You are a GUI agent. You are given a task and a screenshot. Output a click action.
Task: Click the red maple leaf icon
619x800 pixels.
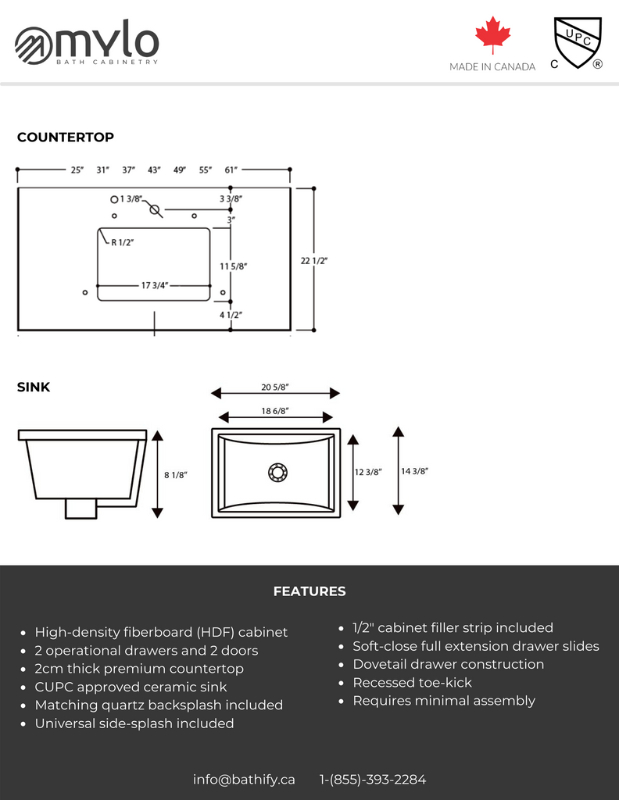492,36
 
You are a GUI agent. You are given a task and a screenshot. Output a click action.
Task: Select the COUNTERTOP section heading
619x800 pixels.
66,137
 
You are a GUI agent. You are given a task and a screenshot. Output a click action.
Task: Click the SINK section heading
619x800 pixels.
34,387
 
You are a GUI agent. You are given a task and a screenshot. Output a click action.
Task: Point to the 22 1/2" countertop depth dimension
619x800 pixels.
314,261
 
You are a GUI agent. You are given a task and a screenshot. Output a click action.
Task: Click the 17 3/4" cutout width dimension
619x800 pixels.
155,285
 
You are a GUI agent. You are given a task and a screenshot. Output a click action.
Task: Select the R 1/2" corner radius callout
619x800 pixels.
122,243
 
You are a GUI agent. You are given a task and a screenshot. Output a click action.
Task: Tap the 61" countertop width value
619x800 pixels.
231,170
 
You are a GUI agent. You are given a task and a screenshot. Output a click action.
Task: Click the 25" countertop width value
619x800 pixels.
77,170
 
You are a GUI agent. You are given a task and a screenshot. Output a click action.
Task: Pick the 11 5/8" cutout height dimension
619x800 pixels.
234,266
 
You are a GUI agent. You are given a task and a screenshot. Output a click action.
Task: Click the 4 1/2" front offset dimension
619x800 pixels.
231,315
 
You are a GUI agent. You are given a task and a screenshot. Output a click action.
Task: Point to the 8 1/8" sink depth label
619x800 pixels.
176,474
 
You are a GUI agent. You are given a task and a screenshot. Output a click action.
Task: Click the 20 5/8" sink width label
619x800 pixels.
275,387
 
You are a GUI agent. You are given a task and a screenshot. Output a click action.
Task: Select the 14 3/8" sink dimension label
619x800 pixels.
414,471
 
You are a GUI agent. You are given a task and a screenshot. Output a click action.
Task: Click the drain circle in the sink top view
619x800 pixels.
277,472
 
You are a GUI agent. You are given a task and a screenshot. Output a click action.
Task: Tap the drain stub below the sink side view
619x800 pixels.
81,509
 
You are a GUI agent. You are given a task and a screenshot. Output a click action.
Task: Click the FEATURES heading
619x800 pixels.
309,592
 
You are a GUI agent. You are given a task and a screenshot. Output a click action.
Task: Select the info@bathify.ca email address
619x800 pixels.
244,779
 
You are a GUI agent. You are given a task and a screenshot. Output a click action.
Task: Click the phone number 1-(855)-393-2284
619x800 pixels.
373,779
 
